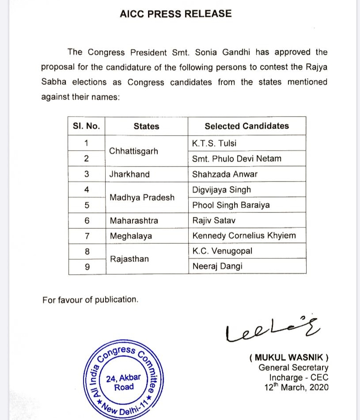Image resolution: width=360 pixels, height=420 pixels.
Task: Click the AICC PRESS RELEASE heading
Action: point(175,14)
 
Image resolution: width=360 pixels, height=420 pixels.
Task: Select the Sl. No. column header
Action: point(86,126)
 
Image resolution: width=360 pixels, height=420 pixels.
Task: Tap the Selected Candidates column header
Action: point(246,126)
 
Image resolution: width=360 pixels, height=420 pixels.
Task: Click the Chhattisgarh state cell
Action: point(133,151)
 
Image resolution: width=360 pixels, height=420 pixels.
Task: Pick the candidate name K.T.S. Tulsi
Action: point(214,143)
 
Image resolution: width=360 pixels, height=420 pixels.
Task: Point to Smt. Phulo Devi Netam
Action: point(236,159)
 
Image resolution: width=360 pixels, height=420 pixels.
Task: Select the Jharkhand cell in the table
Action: point(129,174)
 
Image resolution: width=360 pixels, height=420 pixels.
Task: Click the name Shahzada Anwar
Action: point(225,174)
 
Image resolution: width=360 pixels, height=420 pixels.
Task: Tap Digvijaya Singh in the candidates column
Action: point(221,189)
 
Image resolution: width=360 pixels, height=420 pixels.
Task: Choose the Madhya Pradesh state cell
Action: point(142,197)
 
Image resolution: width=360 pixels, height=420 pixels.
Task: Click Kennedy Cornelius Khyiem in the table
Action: point(244,236)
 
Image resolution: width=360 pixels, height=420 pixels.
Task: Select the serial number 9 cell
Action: point(87,266)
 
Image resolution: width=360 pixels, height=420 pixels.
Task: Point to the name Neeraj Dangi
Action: point(217,266)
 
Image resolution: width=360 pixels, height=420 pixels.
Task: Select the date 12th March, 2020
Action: point(294,387)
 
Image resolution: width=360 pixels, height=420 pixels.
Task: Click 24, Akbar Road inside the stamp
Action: point(124,382)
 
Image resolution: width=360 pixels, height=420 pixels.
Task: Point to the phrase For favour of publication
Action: point(90,299)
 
